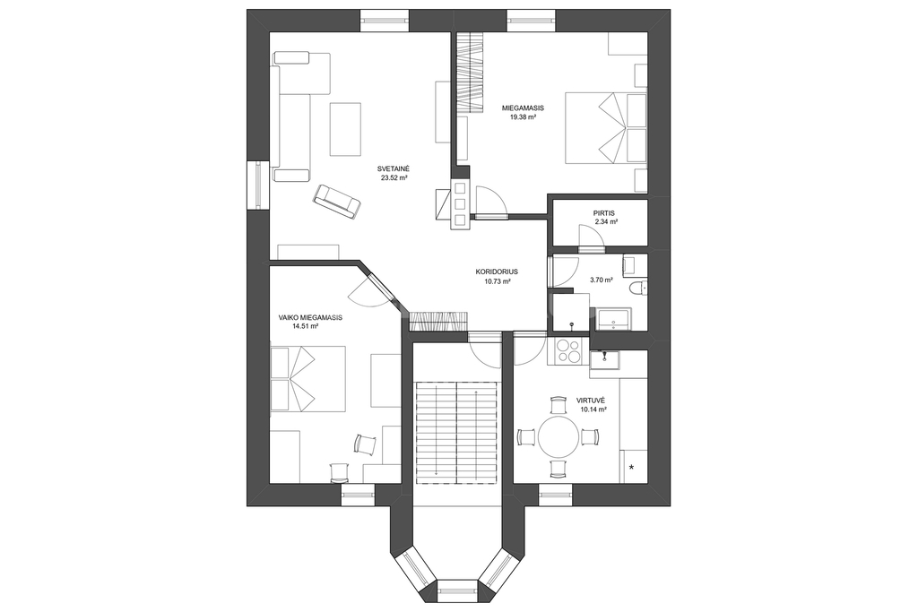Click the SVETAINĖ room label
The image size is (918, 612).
point(394,169)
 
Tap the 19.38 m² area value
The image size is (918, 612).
point(524,117)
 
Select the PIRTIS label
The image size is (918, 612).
point(603,213)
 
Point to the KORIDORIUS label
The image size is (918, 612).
point(497,272)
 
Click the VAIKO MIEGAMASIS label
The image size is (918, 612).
point(310,317)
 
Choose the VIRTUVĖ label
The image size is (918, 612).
point(591,401)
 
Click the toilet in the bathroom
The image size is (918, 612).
point(637,288)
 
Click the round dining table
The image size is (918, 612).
point(559,436)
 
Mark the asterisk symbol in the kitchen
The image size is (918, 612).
point(632,467)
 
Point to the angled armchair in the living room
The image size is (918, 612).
point(337,202)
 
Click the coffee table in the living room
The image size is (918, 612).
point(346,129)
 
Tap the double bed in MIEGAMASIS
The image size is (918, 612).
point(606,127)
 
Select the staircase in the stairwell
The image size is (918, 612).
point(456,433)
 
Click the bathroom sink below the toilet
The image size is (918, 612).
point(613,318)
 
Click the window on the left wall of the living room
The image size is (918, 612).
point(258,185)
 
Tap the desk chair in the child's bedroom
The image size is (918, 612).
point(366,444)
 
